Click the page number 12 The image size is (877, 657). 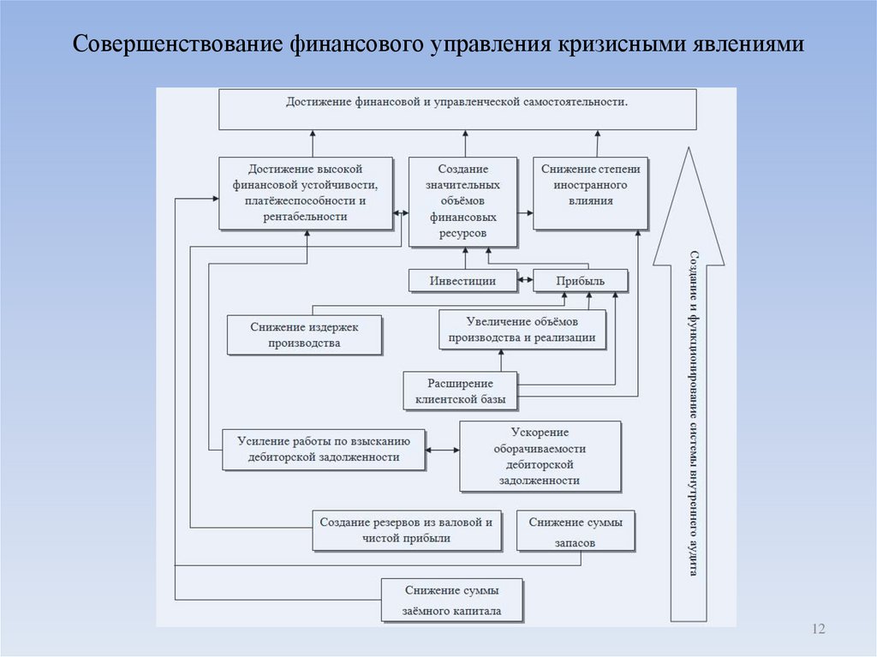[x=817, y=630]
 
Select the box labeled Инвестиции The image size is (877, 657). [x=463, y=281]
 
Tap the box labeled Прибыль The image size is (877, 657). [x=580, y=281]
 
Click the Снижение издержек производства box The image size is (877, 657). [x=304, y=335]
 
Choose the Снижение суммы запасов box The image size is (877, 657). [x=576, y=531]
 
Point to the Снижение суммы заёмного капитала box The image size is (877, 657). [x=451, y=600]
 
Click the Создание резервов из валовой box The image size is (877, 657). [x=406, y=530]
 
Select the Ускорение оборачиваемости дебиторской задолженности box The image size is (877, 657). [x=539, y=457]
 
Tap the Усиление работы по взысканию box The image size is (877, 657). [x=323, y=450]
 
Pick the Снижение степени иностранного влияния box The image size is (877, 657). [x=590, y=193]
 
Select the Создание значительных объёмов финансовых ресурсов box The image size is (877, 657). [x=462, y=201]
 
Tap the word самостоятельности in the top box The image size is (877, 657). [x=572, y=102]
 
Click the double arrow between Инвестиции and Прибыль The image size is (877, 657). [x=526, y=280]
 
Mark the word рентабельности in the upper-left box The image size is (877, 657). [x=305, y=217]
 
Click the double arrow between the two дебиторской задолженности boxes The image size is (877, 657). [x=442, y=450]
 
